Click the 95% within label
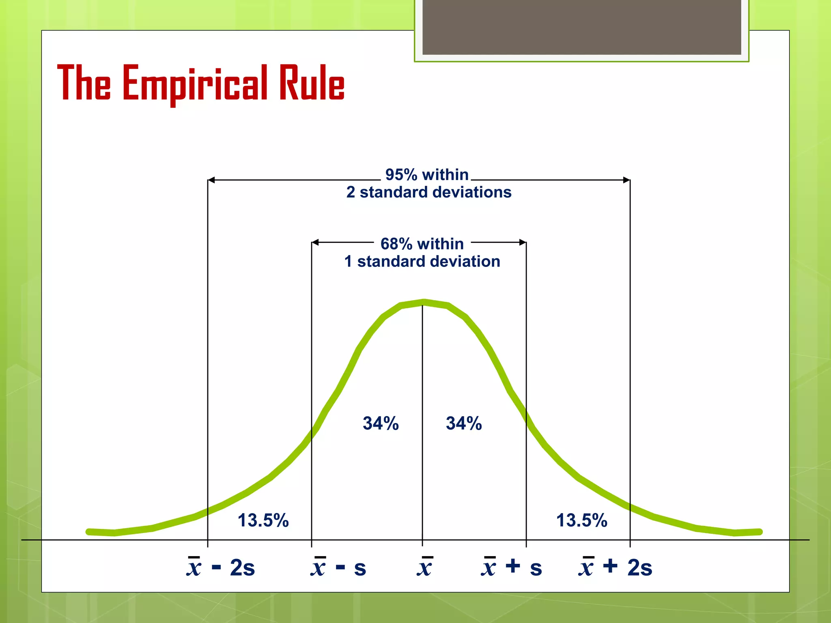coord(427,175)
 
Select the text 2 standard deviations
coord(429,192)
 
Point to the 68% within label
coord(422,244)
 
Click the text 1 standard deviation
coord(422,262)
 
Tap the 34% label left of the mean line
coord(381,423)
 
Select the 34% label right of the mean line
coord(464,423)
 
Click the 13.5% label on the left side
coord(263,520)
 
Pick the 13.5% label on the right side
coord(581,520)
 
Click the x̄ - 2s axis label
coord(221,567)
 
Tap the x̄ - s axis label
coord(338,567)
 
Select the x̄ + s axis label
coord(511,567)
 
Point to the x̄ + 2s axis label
coord(615,567)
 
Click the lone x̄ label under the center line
coord(424,567)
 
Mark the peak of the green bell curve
coord(423,302)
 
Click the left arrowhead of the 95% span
coord(211,180)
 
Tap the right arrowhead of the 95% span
coord(627,180)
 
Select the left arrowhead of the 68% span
coord(315,243)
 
